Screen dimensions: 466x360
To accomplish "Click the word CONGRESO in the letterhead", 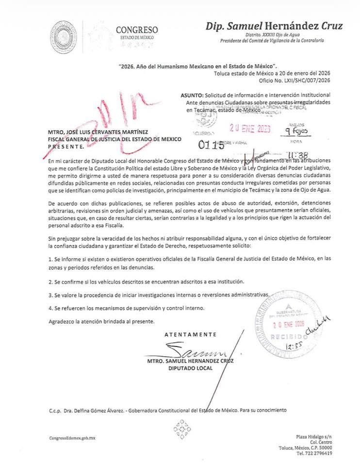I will click(136, 30).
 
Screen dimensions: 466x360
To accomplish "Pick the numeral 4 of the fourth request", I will click(50, 308).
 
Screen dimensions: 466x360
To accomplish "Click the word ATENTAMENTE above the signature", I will click(190, 334).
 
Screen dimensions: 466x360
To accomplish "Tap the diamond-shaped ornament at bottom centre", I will click(181, 429).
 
